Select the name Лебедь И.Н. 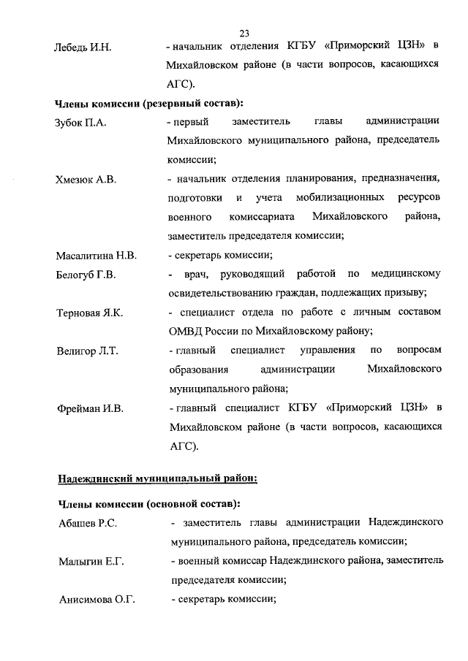(83, 47)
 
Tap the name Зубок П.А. (81, 122)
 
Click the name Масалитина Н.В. (97, 256)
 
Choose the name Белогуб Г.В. (86, 275)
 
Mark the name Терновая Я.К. (90, 313)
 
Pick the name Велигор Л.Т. (87, 351)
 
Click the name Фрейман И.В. (90, 408)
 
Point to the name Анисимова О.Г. (96, 600)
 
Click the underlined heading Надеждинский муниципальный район (156, 478)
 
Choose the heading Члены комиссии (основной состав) (148, 504)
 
